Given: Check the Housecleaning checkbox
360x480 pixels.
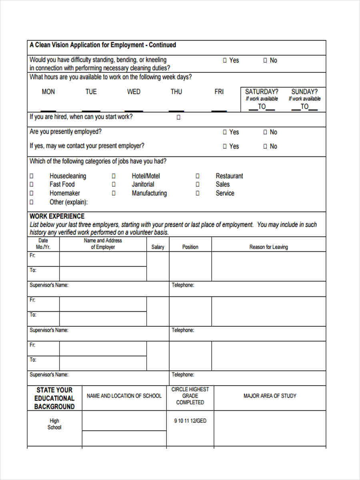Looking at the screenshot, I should point(32,176).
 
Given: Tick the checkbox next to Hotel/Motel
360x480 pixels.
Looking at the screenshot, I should point(114,176).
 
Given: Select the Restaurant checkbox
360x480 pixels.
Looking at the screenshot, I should point(197,176).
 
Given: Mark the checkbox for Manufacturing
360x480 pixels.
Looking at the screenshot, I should point(114,193).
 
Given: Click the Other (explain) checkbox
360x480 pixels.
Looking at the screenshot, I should point(32,202).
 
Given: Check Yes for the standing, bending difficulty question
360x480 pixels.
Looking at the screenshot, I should point(225,60).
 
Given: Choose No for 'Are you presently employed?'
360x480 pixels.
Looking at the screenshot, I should point(265,132).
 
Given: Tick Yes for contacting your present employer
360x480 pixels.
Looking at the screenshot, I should point(225,146).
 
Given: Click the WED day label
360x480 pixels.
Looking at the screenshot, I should point(134,92).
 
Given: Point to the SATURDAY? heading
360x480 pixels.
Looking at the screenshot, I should point(262,92).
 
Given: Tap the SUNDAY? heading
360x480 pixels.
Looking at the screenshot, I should point(304,92).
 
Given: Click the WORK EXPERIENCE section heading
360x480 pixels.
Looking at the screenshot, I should point(57,216).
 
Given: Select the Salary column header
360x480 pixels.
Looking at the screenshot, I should point(158,247).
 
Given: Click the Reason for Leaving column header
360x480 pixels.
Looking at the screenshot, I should point(268,247).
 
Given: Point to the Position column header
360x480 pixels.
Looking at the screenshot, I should point(190,247).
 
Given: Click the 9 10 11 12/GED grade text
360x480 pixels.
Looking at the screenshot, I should point(190,421).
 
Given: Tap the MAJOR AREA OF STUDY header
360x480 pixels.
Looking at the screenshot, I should point(270,396).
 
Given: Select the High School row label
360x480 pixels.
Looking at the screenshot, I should point(54,424).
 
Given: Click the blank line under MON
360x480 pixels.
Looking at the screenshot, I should point(48,110).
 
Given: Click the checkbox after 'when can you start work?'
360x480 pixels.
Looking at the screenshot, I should point(178,118).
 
